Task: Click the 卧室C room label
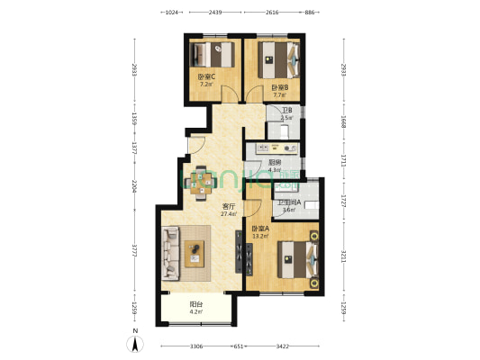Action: (206, 76)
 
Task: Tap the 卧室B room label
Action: (280, 87)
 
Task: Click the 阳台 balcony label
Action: (195, 304)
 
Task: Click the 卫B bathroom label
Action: (285, 111)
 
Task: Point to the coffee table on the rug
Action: (196, 256)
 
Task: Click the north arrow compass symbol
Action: (135, 341)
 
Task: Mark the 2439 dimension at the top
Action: (215, 13)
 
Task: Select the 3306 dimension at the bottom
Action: (196, 346)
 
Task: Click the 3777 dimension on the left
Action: (135, 251)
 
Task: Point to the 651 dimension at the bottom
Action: (240, 346)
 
